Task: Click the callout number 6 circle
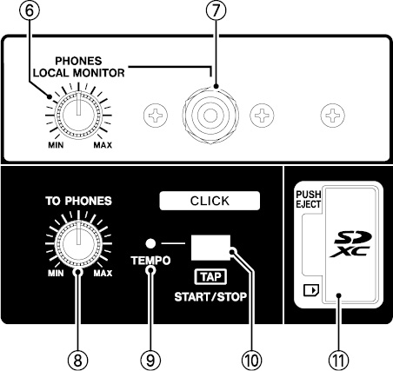click(30, 10)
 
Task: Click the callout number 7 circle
click(216, 10)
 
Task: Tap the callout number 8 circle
click(77, 361)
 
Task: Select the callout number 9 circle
click(150, 361)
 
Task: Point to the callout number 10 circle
click(251, 361)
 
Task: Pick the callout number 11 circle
click(339, 361)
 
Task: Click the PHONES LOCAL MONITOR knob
click(78, 116)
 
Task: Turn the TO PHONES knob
click(78, 244)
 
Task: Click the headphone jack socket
click(210, 116)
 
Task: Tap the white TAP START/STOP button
click(210, 248)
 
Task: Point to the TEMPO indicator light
click(150, 243)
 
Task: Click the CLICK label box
click(210, 201)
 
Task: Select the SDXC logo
click(351, 244)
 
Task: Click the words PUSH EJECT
click(309, 199)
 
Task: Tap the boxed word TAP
click(210, 277)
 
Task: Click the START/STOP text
click(210, 297)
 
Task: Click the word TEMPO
click(150, 261)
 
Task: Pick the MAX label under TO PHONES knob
click(103, 273)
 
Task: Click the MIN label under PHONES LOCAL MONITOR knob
click(56, 145)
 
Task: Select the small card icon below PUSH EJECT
click(311, 290)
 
